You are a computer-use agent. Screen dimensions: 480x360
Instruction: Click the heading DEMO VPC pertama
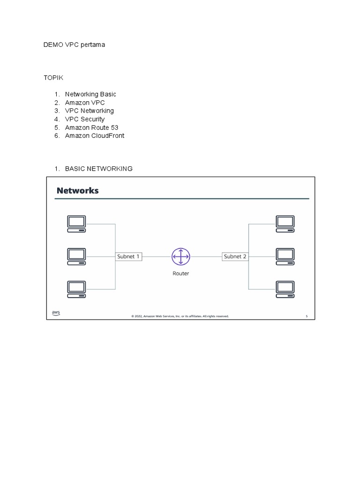[74, 45]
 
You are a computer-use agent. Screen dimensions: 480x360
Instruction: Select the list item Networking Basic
[90, 94]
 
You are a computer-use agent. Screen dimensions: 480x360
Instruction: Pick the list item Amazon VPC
[85, 103]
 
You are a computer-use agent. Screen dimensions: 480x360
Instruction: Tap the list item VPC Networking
[90, 111]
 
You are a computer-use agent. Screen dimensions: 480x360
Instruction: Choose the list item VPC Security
[85, 119]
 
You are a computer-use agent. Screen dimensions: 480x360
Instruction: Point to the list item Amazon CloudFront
[95, 135]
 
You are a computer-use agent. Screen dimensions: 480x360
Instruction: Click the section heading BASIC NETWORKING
[98, 168]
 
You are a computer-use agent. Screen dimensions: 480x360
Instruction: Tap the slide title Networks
[77, 190]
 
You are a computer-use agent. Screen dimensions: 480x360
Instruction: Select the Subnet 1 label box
[128, 256]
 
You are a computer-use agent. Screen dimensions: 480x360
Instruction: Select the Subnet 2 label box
[235, 256]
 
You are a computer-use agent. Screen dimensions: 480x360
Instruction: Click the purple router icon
[180, 257]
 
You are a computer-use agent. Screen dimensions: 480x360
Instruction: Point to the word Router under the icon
[180, 273]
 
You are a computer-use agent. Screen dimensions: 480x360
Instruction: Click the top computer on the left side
[76, 224]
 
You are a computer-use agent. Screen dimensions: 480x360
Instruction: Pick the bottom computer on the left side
[76, 289]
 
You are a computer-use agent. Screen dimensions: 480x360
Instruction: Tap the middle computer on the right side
[285, 256]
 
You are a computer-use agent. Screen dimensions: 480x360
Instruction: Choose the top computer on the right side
[285, 224]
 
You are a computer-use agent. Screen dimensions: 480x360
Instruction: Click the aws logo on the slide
[56, 313]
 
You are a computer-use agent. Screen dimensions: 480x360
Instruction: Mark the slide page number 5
[307, 316]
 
